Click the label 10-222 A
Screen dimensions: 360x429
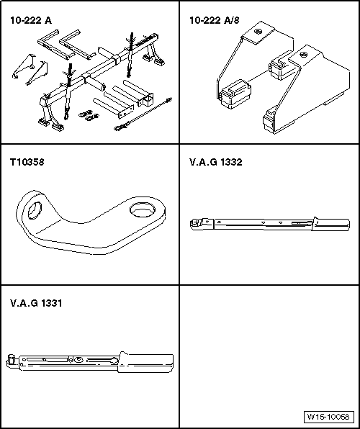(31, 21)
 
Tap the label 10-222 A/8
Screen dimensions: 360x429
(215, 21)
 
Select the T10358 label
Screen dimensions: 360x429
(27, 162)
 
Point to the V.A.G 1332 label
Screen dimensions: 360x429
(216, 162)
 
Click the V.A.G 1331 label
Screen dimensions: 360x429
(36, 303)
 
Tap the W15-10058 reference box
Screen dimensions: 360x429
(329, 417)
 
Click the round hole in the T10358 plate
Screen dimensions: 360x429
(143, 210)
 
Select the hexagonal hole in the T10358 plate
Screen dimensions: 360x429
(35, 210)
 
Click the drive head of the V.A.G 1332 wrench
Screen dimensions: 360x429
(201, 223)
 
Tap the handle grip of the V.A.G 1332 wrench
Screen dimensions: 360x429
(330, 225)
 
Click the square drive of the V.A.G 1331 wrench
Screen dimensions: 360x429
(11, 358)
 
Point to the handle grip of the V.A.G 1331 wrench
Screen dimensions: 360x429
(146, 362)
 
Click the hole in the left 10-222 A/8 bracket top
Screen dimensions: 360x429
(258, 31)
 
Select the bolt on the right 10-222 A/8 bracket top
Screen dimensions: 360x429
(304, 55)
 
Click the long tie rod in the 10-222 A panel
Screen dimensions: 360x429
(143, 114)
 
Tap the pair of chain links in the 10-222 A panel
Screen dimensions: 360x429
(89, 115)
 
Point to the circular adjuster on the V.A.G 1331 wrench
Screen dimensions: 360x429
(79, 359)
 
